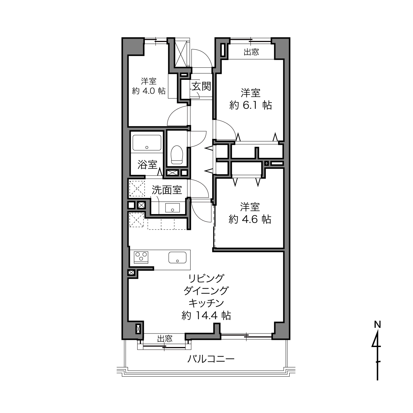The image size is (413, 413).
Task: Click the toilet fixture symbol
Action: pos(177,154)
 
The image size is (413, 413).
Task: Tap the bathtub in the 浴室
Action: pos(147,143)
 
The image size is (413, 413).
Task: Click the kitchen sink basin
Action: pos(177,257)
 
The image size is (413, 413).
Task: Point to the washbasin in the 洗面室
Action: pos(173,207)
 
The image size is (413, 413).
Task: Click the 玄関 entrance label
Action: pos(201,86)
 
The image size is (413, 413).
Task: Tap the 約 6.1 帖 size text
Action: pos(250,105)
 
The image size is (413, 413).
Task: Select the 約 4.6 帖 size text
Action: pos(250,219)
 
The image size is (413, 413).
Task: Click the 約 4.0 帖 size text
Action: pos(149,91)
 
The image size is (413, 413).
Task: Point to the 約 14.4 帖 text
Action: pos(206,316)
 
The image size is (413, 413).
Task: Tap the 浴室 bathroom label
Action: pos(147,165)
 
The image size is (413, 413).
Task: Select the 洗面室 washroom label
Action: pos(167,190)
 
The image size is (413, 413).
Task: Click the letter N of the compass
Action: pos(377,325)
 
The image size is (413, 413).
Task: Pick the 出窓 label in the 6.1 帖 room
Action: pos(251,52)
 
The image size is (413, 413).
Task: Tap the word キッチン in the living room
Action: pos(206,303)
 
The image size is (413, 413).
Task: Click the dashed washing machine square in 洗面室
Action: pos(137,189)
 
